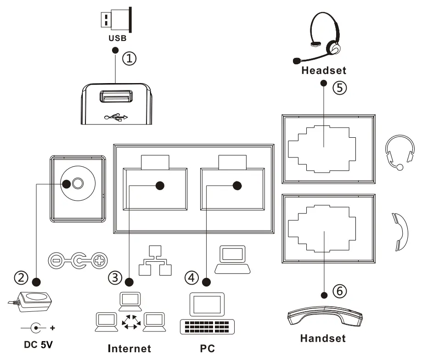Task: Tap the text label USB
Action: pos(117,39)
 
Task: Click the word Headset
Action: pos(323,71)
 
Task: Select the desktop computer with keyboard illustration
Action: pos(207,314)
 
